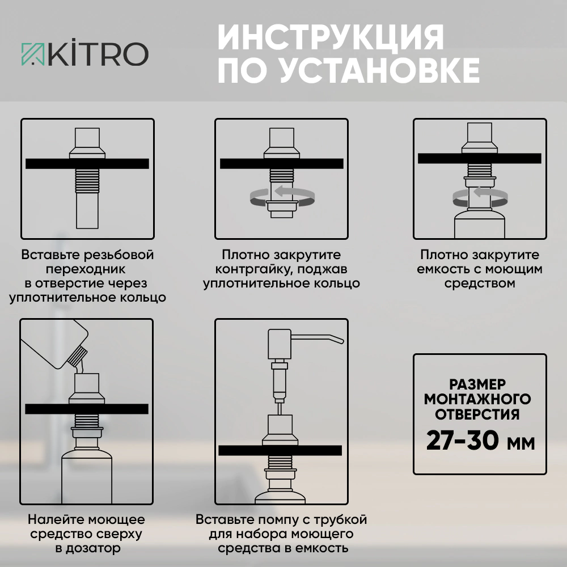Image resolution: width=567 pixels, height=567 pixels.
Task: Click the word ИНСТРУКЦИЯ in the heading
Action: pos(331,37)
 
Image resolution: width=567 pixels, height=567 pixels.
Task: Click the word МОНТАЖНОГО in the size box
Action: pos(477,399)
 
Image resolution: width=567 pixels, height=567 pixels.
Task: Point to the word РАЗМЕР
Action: pos(477,384)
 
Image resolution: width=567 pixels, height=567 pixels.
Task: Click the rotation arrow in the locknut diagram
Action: pos(282,197)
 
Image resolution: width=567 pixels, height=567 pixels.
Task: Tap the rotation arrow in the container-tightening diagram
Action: pos(480,197)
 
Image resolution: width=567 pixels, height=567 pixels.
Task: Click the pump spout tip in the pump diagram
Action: pos(342,341)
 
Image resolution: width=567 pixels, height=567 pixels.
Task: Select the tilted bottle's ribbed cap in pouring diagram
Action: pos(77,356)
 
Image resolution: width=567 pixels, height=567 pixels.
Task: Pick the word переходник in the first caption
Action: pos(86,269)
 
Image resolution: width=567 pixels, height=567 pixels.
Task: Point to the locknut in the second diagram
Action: pos(282,206)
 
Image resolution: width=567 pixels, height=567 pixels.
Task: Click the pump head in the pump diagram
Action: pos(279,344)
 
